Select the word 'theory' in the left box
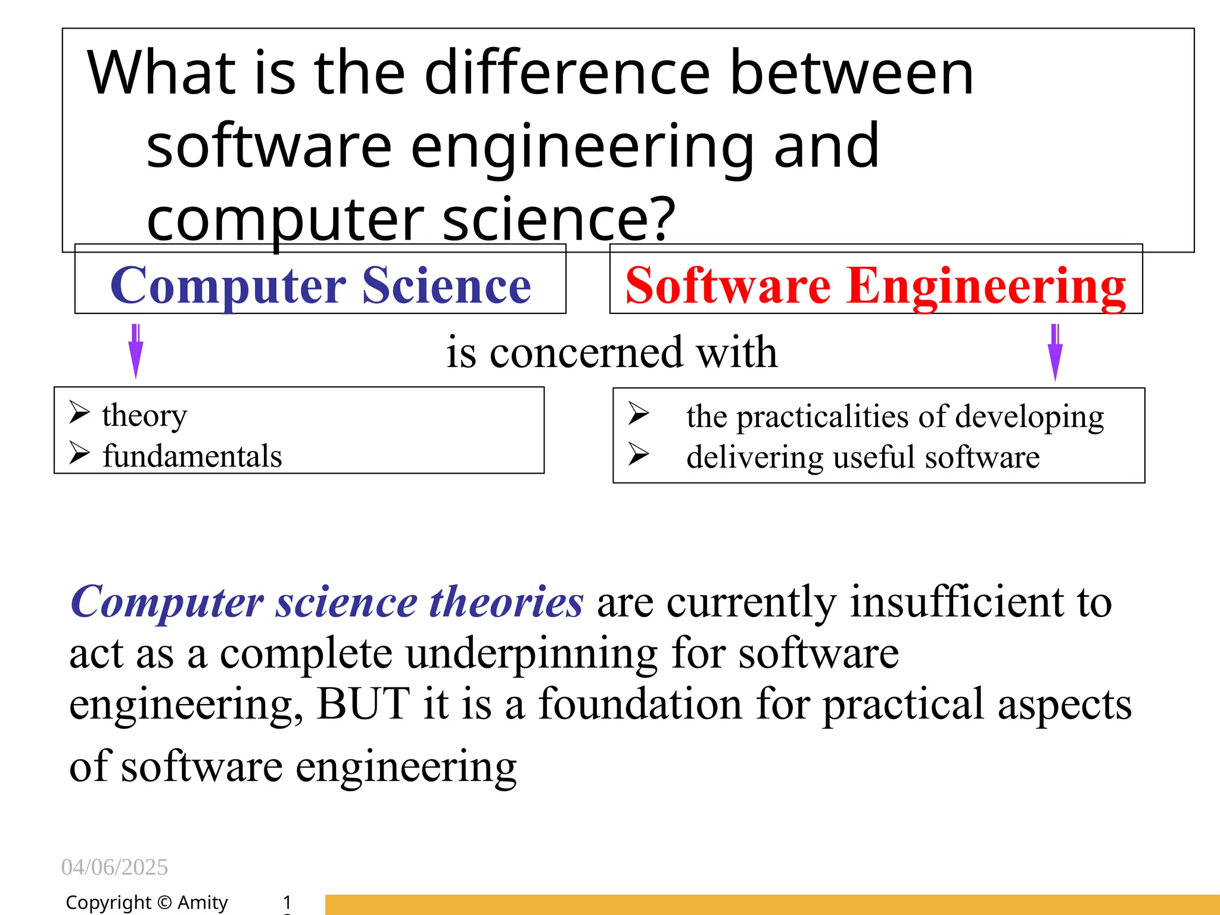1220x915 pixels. click(144, 416)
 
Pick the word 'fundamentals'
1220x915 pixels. click(192, 456)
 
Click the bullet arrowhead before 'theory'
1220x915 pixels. click(79, 412)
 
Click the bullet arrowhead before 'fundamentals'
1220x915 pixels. click(79, 453)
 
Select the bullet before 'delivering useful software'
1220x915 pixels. click(638, 455)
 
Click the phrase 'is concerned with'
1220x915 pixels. click(612, 352)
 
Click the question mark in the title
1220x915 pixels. click(663, 219)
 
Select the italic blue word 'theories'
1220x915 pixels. click(506, 602)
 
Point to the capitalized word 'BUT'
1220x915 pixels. click(363, 704)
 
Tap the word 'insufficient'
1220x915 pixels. click(957, 602)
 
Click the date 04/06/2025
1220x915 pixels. click(114, 867)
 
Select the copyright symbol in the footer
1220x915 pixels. click(164, 902)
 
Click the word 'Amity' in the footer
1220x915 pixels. click(203, 902)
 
